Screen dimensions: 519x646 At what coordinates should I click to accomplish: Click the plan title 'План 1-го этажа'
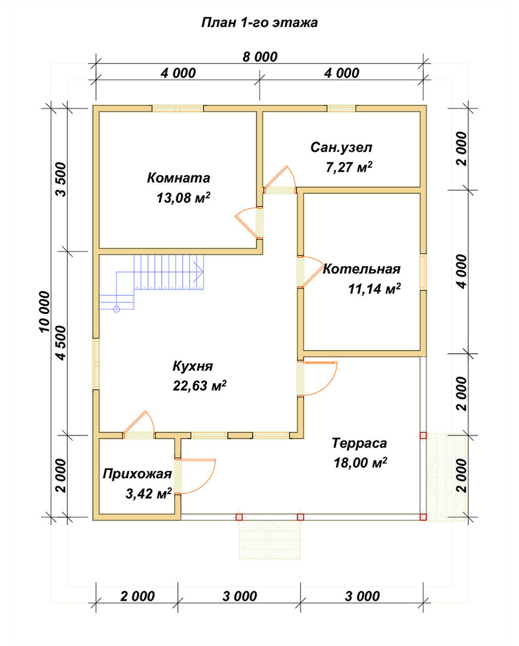coord(259,22)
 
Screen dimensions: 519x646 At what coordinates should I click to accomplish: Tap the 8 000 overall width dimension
coord(260,56)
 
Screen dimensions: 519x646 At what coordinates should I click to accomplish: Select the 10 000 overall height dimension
coord(45,312)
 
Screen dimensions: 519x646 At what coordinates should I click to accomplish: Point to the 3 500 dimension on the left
coord(61,179)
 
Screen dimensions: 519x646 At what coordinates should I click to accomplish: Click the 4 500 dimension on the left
coord(61,343)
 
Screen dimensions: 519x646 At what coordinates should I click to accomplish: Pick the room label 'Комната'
coord(178,178)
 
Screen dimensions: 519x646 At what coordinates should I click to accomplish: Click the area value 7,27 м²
coord(349,167)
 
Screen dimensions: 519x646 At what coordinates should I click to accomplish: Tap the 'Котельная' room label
coord(361,269)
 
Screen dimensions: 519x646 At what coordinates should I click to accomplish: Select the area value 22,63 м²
coord(200,386)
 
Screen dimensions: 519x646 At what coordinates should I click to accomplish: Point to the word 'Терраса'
coord(359,443)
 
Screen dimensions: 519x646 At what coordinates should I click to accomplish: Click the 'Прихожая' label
coord(137,474)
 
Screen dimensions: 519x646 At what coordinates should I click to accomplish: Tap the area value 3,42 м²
coord(149,493)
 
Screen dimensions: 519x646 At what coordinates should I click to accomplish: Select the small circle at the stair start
coord(116,309)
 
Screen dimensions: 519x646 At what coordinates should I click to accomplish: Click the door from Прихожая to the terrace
coord(198,476)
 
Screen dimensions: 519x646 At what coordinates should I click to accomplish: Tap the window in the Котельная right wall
coord(423,272)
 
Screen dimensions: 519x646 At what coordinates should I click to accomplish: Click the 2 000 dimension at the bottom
coord(137,596)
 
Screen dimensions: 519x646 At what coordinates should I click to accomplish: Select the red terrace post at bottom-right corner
coord(423,517)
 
